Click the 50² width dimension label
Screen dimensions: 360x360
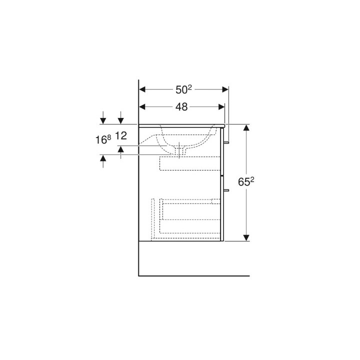coord(183,89)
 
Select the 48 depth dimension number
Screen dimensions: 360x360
coord(181,107)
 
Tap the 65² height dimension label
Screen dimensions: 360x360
coord(246,182)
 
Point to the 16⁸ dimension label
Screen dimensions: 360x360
coord(103,139)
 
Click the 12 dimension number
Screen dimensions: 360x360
coord(121,136)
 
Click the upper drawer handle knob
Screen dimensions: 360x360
coord(226,142)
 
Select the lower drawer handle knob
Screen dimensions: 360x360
coord(226,190)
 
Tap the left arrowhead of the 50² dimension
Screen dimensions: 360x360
coord(142,89)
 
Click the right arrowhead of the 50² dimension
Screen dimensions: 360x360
coord(225,89)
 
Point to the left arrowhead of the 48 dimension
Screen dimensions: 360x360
coord(142,107)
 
